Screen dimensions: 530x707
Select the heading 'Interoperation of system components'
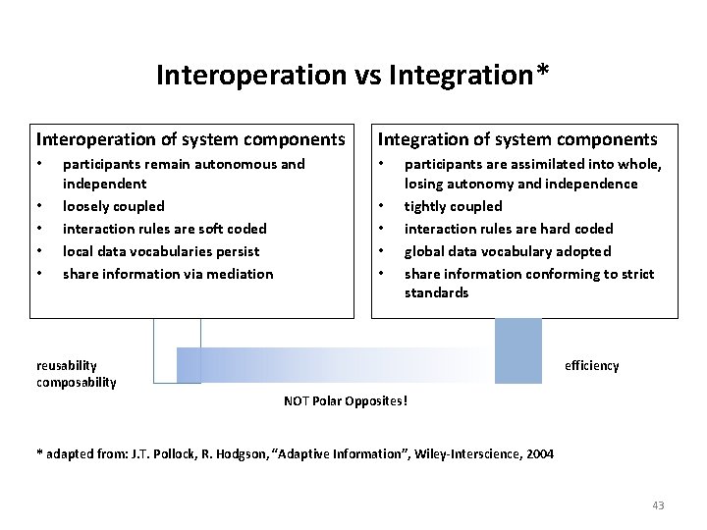190,140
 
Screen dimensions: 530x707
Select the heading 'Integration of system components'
517,140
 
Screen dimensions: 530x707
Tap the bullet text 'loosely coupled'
113,206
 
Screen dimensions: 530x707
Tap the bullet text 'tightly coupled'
453,206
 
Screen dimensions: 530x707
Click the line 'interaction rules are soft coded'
164,229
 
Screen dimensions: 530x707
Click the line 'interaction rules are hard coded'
508,229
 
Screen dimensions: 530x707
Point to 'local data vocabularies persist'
160,251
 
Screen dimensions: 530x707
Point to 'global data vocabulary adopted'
507,251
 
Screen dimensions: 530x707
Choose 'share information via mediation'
167,274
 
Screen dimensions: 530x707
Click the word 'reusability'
68,366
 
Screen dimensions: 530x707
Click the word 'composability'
76,382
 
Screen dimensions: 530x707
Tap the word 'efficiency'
591,366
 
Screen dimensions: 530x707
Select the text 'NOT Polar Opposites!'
345,401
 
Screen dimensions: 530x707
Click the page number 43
658,505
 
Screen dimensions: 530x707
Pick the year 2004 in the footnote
538,454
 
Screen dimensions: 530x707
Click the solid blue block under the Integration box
517,349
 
